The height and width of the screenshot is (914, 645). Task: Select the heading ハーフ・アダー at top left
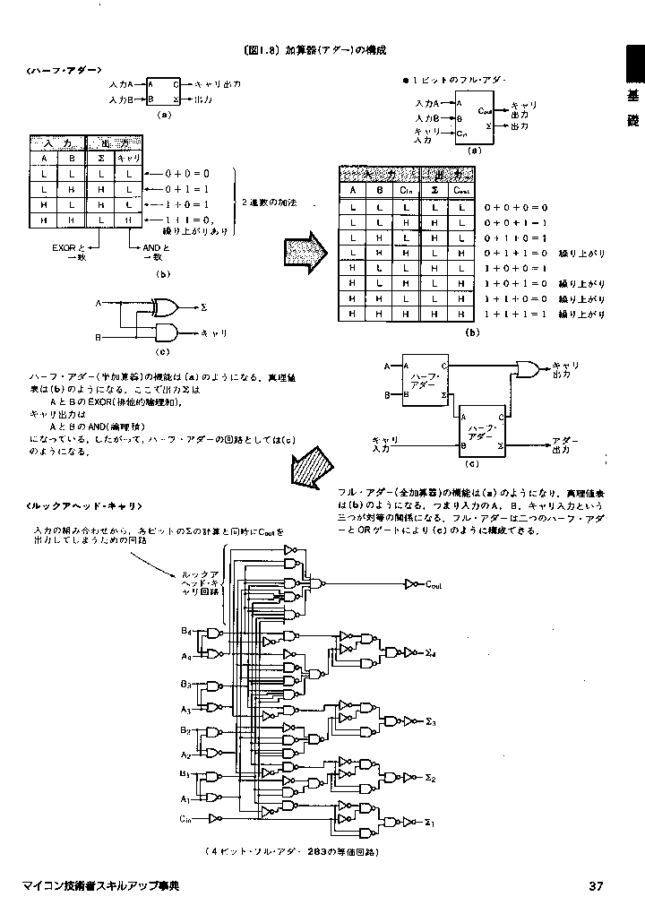64,69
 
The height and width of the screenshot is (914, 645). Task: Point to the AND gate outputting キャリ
166,333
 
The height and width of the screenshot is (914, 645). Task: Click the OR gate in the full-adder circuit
528,367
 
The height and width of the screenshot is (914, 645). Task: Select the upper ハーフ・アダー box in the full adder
426,380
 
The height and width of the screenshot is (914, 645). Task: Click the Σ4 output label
430,653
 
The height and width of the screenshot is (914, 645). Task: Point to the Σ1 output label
429,822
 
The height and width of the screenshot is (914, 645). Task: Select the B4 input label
185,632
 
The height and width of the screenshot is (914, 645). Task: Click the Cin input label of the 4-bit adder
185,819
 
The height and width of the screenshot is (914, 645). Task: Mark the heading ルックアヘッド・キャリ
85,506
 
